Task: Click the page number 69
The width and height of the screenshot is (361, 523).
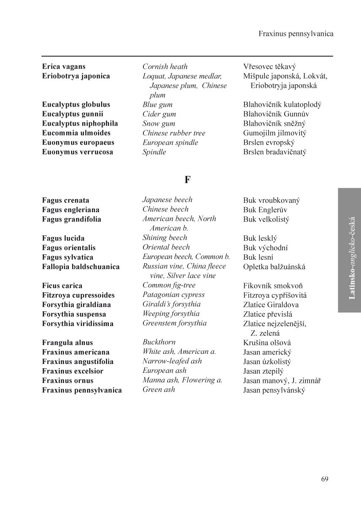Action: tap(324, 479)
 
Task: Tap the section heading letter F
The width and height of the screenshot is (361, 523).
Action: tap(188, 180)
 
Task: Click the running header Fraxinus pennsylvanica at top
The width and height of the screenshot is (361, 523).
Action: tap(296, 34)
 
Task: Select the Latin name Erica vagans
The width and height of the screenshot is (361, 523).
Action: tap(64, 67)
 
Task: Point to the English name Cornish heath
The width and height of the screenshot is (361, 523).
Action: tap(165, 67)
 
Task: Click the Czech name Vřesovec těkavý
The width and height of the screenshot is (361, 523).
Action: tap(269, 67)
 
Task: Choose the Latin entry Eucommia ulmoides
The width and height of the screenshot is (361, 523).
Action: tap(76, 133)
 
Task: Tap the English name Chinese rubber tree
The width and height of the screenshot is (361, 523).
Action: tap(174, 133)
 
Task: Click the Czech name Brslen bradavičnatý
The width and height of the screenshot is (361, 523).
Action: tap(275, 152)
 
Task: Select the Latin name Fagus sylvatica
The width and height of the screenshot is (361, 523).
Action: tap(67, 257)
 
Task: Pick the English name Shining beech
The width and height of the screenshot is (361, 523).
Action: tap(164, 237)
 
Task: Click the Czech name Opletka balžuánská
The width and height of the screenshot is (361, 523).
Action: tap(274, 267)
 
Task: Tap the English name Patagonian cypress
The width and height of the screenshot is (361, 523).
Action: tap(173, 295)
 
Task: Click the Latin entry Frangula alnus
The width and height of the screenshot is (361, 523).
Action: tap(67, 343)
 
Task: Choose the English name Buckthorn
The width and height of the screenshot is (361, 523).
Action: tap(159, 342)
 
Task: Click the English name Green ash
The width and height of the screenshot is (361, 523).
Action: tap(159, 389)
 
